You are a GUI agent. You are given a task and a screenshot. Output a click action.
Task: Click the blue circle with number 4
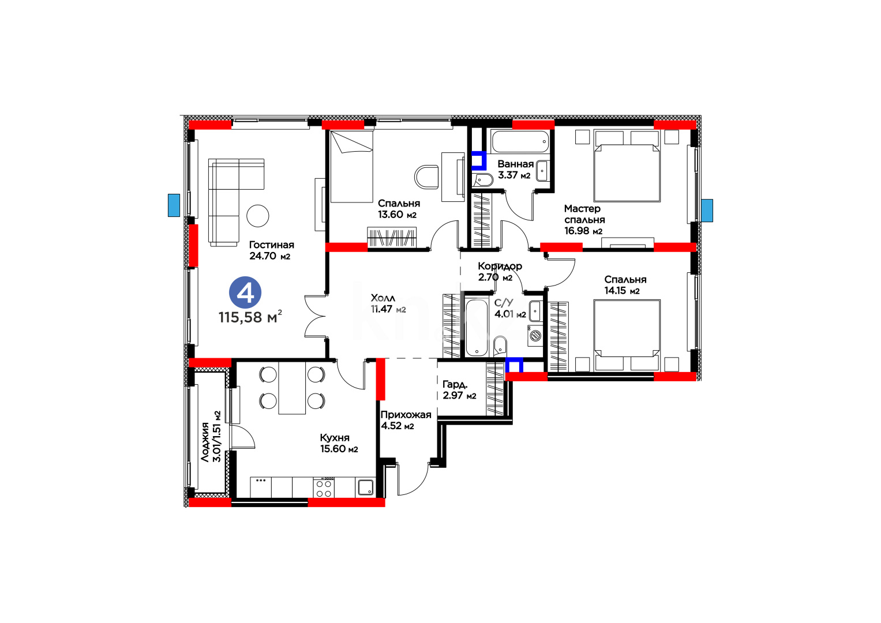tap(245, 292)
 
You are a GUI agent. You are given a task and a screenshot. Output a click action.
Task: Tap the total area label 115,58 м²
tap(250, 317)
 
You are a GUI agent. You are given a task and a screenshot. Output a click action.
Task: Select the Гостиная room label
tap(271, 245)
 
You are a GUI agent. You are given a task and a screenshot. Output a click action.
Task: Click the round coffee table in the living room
tap(258, 216)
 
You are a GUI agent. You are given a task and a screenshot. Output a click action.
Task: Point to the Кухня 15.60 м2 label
tap(339, 443)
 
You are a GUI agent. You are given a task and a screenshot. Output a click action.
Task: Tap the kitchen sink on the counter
tap(366, 487)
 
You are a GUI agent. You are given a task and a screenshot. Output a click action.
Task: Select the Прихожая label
tap(406, 415)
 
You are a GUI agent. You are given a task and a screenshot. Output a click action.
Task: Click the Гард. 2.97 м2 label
tap(459, 390)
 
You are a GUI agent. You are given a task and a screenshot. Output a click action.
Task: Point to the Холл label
tap(383, 298)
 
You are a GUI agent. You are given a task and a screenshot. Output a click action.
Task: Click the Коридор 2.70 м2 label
tap(500, 272)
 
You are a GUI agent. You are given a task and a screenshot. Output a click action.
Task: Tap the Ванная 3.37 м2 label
tap(515, 170)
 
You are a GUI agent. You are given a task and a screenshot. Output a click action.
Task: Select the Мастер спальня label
tap(584, 214)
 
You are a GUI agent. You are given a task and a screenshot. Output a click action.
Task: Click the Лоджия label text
tap(204, 442)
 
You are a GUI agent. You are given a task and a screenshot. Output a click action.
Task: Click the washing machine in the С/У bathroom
tap(535, 335)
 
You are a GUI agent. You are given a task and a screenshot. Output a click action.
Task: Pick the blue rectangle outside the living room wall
tap(174, 205)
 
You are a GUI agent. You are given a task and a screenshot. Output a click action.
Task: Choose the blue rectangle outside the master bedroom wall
tap(707, 211)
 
